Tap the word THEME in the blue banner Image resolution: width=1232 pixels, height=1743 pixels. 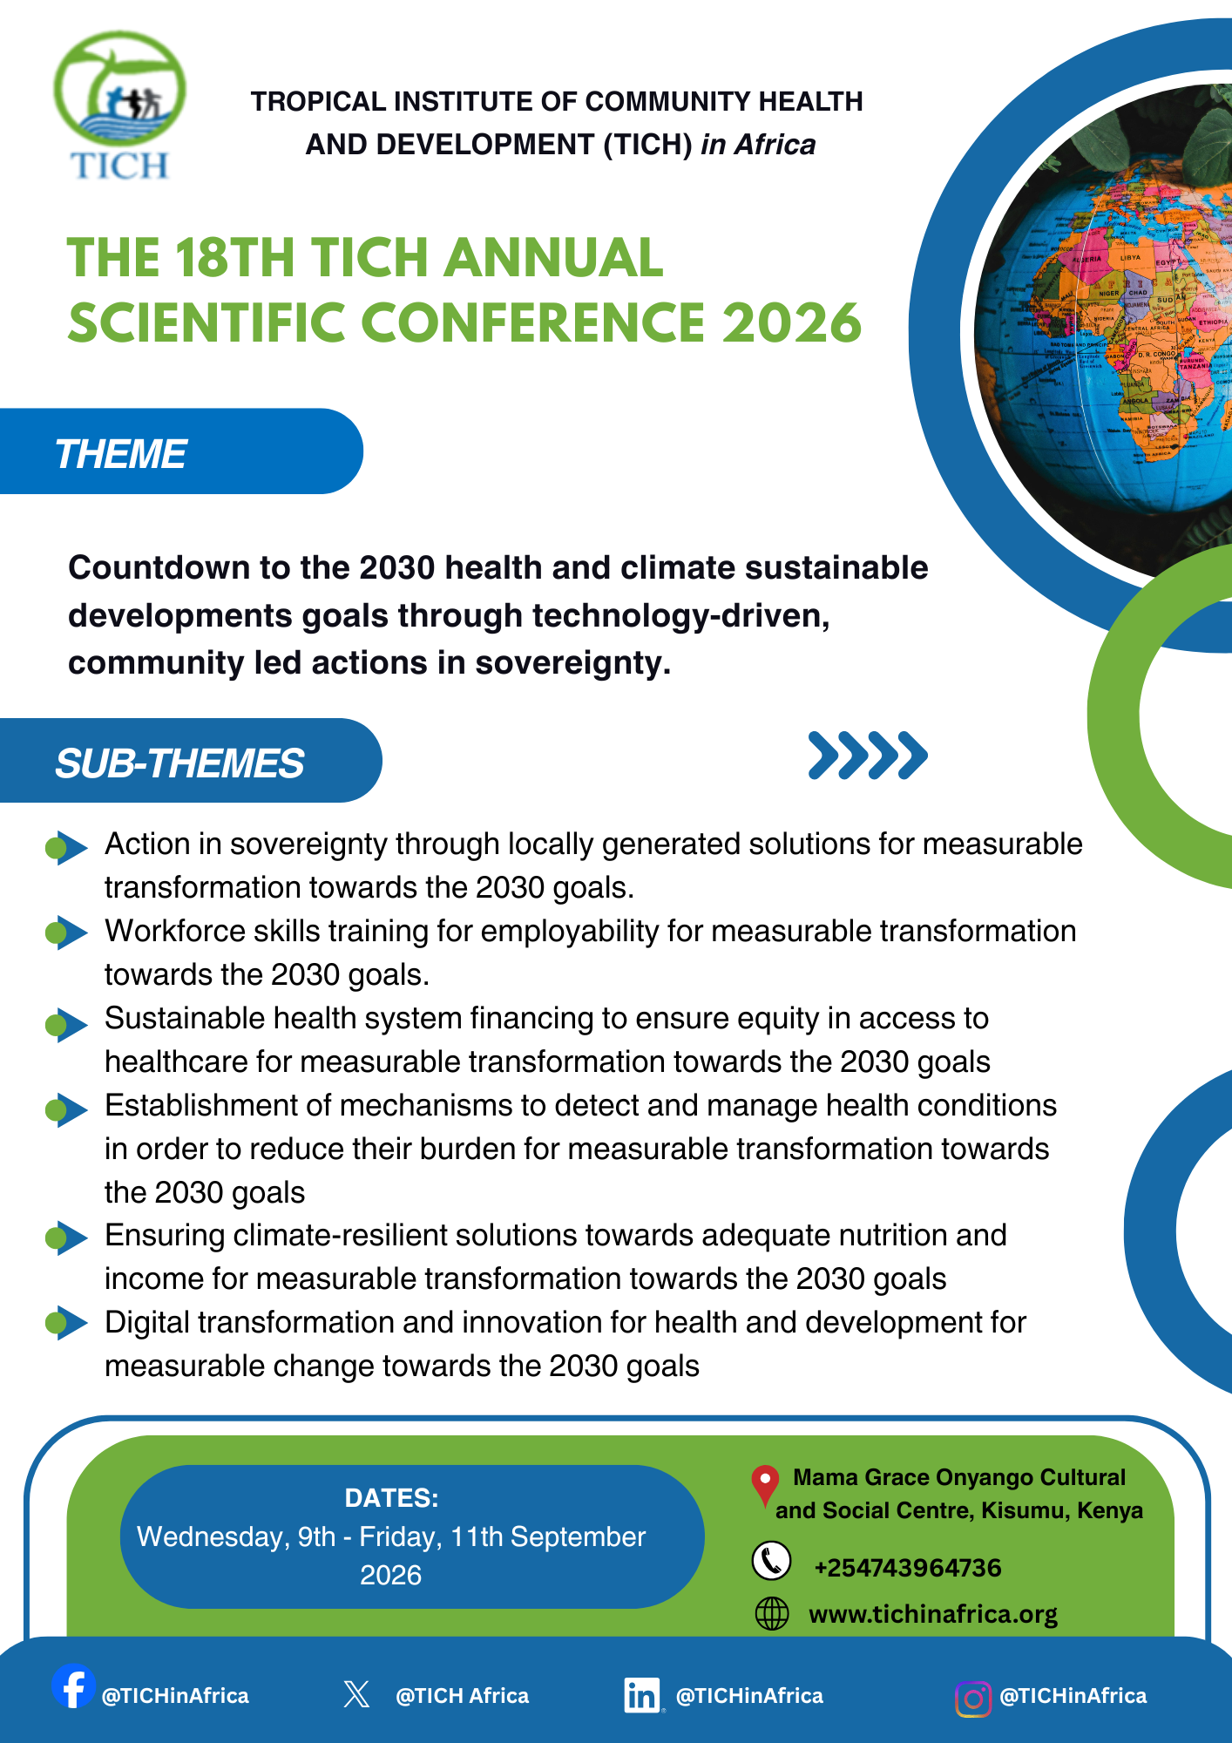click(120, 454)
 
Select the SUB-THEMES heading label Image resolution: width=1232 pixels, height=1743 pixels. click(179, 763)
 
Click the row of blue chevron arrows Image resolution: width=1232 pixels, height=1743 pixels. click(868, 755)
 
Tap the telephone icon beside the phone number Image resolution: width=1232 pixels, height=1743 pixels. click(772, 1560)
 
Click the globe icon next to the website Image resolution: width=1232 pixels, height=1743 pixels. click(772, 1614)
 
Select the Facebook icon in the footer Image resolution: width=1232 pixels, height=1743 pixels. click(73, 1685)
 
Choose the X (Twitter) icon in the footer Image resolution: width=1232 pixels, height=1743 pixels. click(356, 1694)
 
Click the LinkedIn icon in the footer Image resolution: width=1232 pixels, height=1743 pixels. click(642, 1695)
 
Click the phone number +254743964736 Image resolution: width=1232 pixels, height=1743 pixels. click(908, 1568)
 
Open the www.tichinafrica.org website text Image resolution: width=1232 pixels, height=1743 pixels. click(933, 1615)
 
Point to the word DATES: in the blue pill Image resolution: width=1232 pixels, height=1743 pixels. click(391, 1498)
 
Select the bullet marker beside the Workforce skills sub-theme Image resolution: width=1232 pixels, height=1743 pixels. click(66, 933)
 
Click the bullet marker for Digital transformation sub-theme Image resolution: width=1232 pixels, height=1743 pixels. click(66, 1323)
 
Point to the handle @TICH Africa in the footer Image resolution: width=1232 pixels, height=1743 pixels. click(462, 1696)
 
